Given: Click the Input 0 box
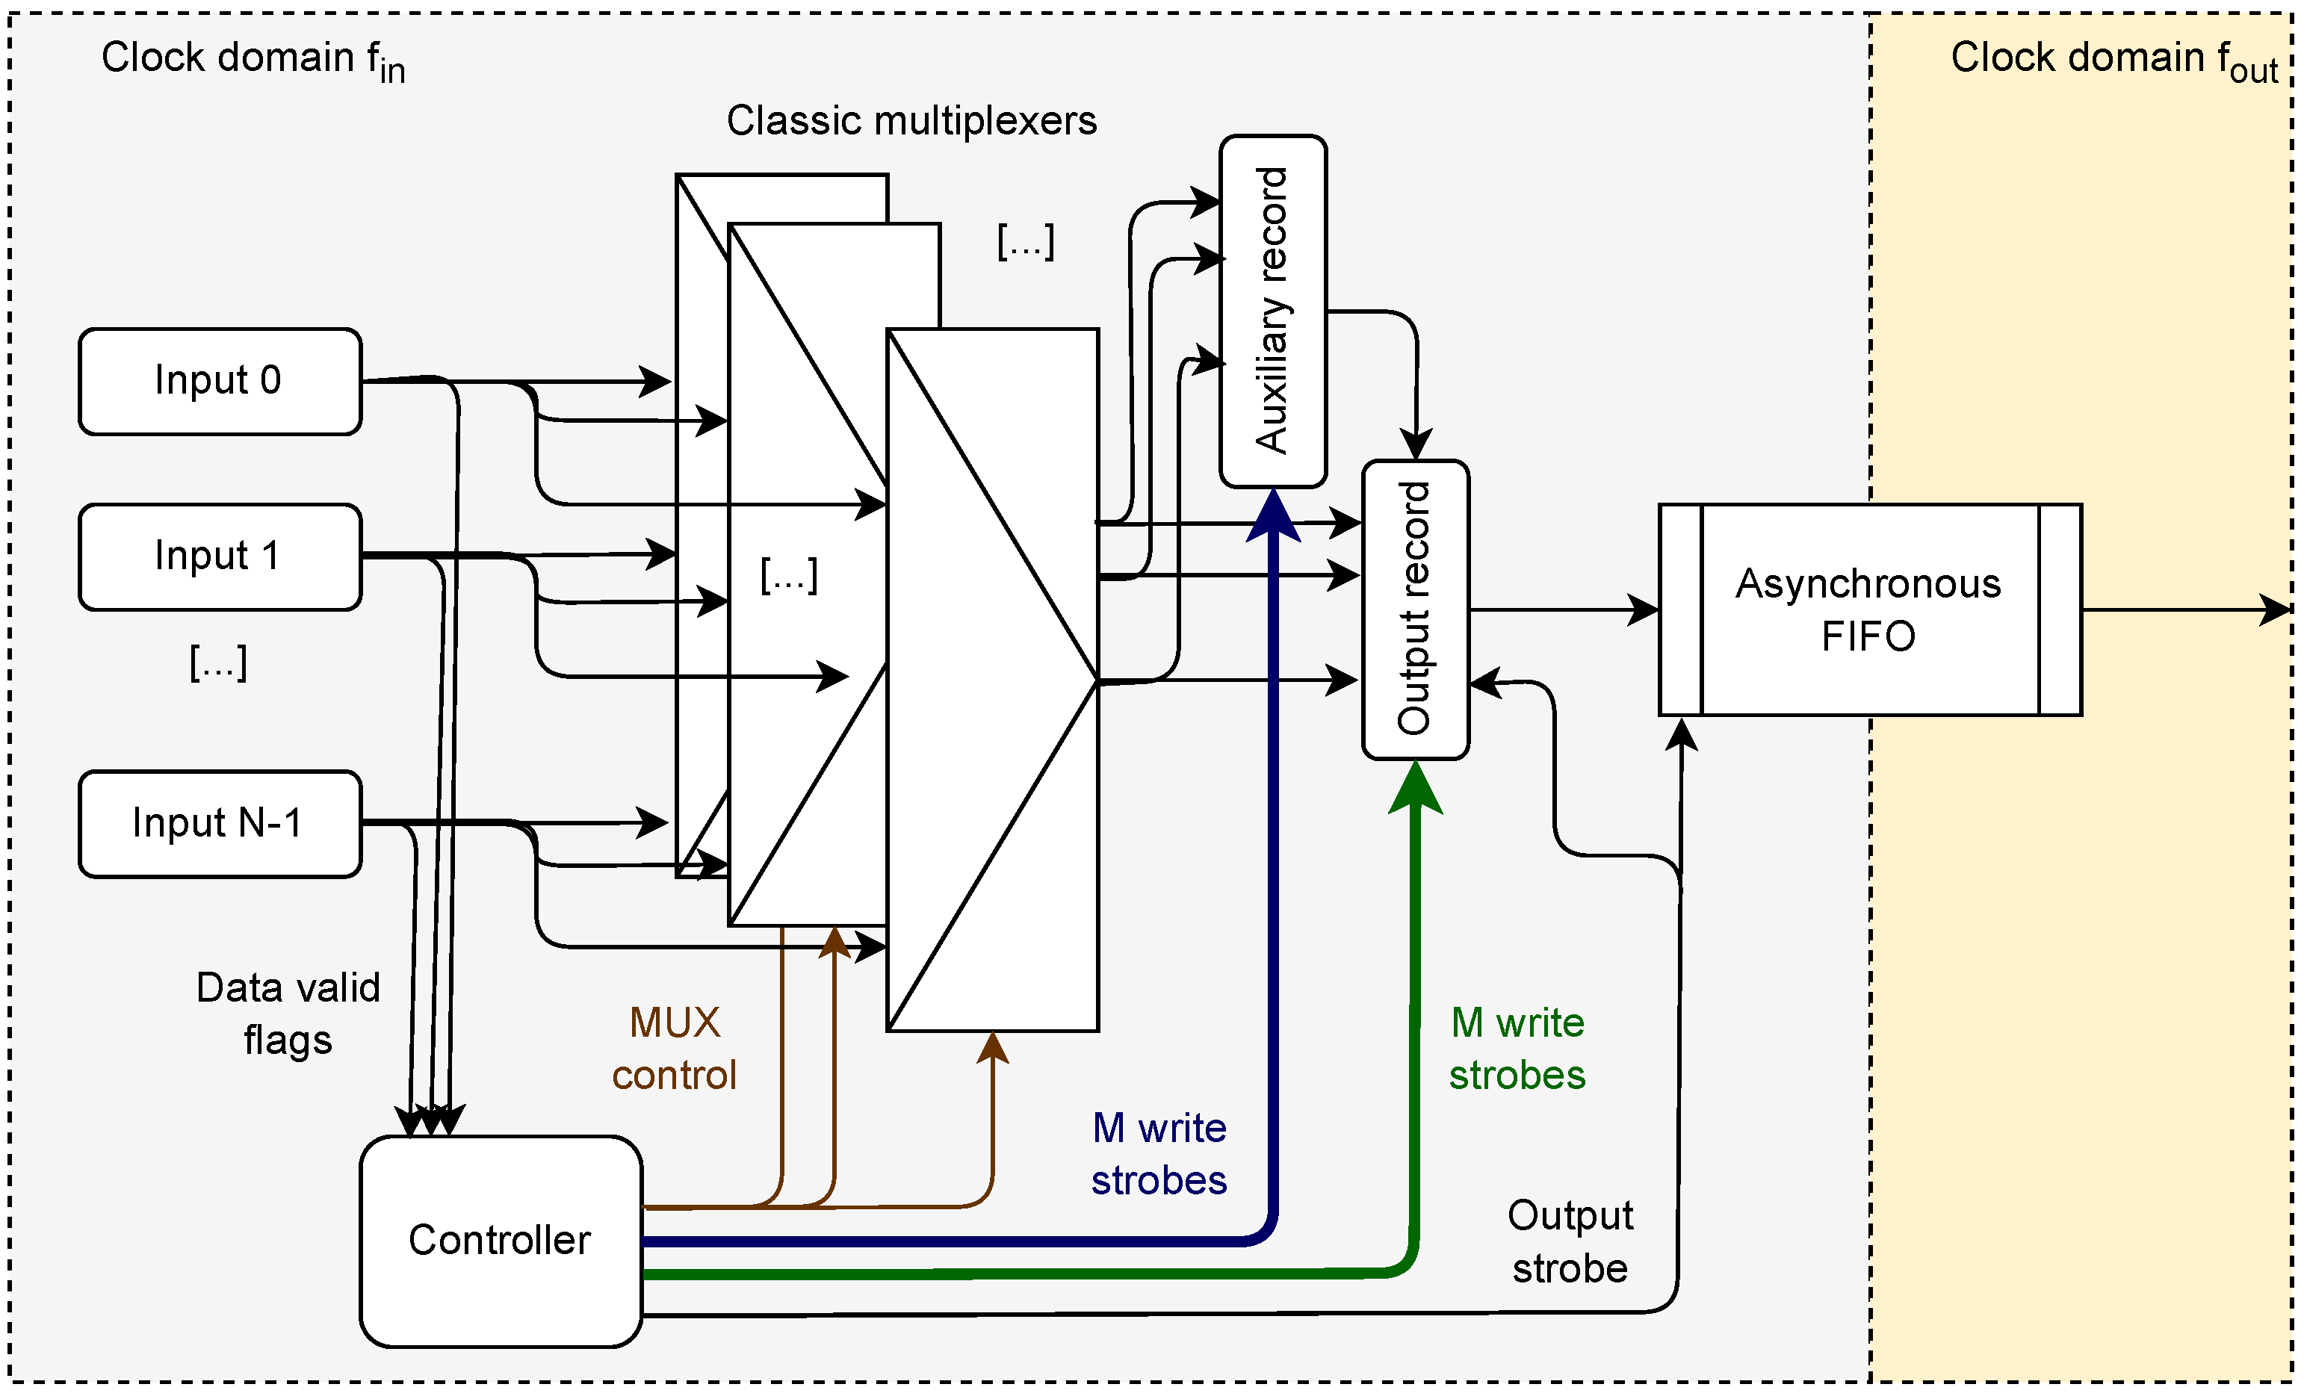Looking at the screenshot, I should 220,382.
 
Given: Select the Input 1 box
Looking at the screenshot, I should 220,557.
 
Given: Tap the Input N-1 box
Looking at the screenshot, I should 220,824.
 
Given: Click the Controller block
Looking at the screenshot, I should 501,1241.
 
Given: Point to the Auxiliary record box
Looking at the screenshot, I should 1272,311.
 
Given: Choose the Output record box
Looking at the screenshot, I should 1415,609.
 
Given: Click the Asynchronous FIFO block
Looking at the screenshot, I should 1869,609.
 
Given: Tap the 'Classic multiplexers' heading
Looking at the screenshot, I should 911,120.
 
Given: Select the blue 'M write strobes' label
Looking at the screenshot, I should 1159,1154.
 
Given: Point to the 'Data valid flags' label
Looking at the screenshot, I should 288,1014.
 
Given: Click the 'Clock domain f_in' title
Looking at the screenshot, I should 253,60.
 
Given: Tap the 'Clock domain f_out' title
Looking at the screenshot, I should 2113,60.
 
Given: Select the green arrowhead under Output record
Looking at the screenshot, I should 1416,787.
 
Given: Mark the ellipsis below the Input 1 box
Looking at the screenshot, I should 219,663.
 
